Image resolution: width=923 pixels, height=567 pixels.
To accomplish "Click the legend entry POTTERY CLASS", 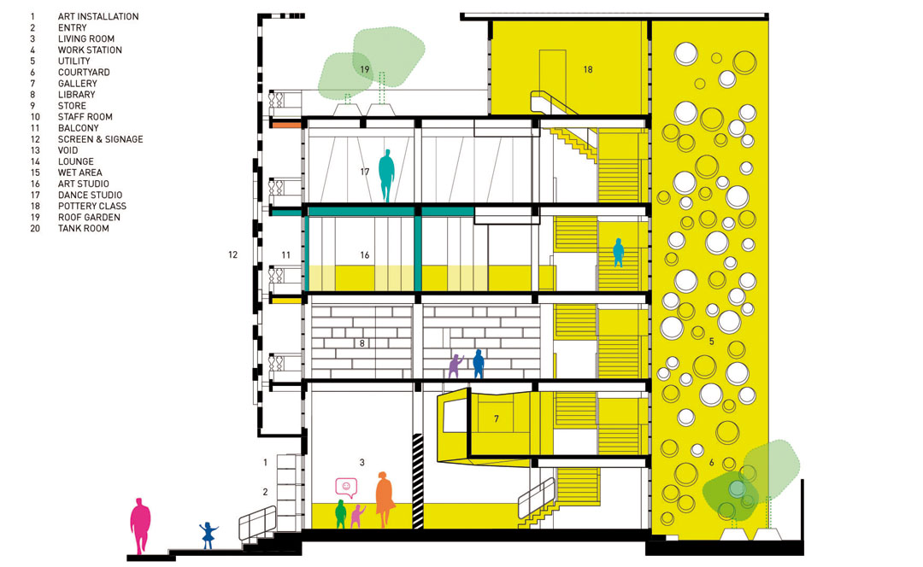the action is coord(91,206).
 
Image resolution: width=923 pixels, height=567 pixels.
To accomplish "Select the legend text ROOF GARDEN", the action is coord(89,217).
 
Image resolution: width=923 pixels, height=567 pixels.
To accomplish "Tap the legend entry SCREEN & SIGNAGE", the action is coord(100,139).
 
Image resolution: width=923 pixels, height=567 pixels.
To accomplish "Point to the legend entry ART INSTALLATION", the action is coord(98,16).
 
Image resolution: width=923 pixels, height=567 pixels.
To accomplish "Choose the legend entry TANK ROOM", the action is coord(83,228).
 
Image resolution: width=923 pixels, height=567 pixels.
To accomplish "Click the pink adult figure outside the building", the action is coord(140,525).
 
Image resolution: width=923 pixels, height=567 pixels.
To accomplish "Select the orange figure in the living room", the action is coord(384,499).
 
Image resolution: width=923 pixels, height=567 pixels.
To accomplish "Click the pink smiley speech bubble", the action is coord(346,488).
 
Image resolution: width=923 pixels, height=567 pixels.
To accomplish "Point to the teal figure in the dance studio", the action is coord(386,175).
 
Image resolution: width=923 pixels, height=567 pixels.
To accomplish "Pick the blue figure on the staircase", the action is coord(618,252).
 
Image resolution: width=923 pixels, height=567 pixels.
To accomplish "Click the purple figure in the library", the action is coord(455,365).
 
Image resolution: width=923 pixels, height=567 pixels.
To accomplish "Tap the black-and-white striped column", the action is coord(418,481).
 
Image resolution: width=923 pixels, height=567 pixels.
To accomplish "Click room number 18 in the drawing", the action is coord(587,69).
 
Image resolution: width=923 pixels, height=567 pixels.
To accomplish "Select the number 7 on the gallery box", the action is coord(497,418).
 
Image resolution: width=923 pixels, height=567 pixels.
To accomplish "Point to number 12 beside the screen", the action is coord(233,254).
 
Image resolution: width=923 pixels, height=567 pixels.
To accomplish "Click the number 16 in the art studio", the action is coord(364,254).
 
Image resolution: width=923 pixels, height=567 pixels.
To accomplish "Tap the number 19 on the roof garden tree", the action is coord(364,69).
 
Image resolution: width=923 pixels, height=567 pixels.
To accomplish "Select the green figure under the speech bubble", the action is coord(340,513).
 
